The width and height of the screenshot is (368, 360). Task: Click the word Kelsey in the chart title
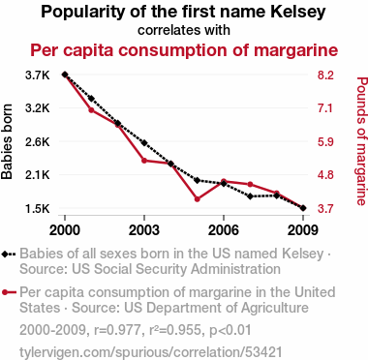click(x=298, y=13)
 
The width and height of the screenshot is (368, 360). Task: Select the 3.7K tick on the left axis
click(x=38, y=75)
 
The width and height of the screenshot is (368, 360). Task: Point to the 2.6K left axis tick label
click(x=38, y=142)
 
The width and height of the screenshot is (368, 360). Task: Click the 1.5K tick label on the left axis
click(x=38, y=209)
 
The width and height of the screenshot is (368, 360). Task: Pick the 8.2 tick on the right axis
click(x=325, y=75)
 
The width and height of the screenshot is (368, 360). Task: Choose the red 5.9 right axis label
click(x=325, y=142)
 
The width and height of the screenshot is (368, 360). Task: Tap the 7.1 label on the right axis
click(x=325, y=108)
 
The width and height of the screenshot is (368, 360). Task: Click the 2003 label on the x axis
click(x=144, y=230)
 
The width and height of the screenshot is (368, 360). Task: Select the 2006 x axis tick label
click(x=224, y=230)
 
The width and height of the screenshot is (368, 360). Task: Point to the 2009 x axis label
click(x=302, y=230)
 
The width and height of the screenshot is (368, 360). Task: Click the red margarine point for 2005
click(x=198, y=199)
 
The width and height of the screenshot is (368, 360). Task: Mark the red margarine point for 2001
click(x=91, y=110)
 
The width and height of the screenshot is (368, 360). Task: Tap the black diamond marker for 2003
click(x=144, y=143)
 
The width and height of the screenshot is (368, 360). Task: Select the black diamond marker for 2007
click(x=250, y=196)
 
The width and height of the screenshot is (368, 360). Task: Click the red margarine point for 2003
click(x=144, y=161)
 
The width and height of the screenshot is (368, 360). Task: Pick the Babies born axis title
click(x=7, y=141)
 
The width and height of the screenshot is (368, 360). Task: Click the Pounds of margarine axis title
click(x=362, y=141)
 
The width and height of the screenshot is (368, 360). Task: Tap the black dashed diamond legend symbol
click(x=9, y=255)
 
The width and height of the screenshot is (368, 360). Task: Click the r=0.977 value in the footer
click(x=117, y=330)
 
